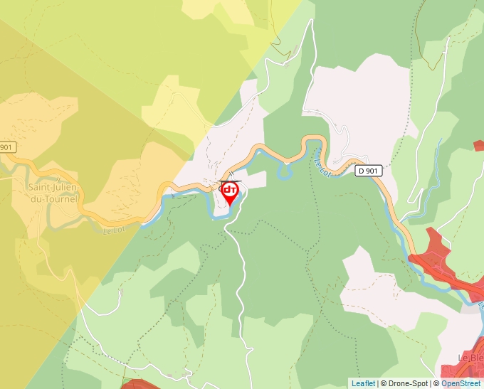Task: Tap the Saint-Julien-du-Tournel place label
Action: coord(53,193)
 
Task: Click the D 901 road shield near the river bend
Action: coord(369,171)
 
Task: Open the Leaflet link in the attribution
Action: coord(363,383)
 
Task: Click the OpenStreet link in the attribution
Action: coord(461,383)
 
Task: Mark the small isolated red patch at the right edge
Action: coord(479,145)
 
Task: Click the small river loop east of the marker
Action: coord(285,171)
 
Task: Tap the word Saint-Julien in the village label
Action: coord(53,188)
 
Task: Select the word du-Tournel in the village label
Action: coord(54,199)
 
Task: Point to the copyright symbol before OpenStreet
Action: coord(436,383)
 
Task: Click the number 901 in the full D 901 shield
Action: coord(373,171)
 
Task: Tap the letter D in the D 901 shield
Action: coord(362,171)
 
